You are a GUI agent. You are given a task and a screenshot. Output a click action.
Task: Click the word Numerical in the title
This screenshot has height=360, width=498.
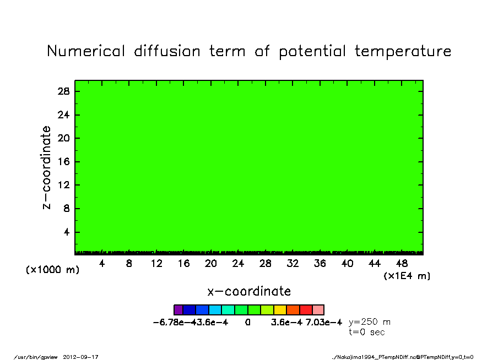pyautogui.click(x=86, y=51)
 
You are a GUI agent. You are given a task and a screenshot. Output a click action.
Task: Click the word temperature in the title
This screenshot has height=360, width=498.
pyautogui.click(x=403, y=51)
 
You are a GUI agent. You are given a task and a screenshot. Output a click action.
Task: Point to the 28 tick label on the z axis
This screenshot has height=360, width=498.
pyautogui.click(x=63, y=91)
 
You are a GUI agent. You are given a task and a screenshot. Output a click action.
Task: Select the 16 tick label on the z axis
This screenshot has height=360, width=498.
pyautogui.click(x=63, y=162)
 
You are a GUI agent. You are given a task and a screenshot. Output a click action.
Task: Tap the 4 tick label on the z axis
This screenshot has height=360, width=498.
pyautogui.click(x=66, y=232)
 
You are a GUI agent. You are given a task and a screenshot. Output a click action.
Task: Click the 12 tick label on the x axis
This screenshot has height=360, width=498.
pyautogui.click(x=156, y=264)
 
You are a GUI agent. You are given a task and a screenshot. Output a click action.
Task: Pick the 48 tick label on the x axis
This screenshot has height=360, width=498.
pyautogui.click(x=402, y=264)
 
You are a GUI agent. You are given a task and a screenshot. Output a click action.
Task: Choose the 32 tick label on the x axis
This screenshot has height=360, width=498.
pyautogui.click(x=293, y=264)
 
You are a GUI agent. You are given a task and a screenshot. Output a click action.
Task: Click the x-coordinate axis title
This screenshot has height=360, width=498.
pyautogui.click(x=249, y=291)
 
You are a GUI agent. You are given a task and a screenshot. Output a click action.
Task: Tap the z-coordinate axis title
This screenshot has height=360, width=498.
pyautogui.click(x=46, y=168)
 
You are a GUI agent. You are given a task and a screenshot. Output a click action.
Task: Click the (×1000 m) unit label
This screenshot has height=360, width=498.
pyautogui.click(x=52, y=270)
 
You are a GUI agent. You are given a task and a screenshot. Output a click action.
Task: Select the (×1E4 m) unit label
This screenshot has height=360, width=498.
pyautogui.click(x=407, y=276)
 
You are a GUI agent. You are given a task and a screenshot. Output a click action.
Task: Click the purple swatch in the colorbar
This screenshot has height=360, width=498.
pyautogui.click(x=178, y=310)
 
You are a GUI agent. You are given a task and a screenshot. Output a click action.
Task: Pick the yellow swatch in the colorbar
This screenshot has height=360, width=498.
pyautogui.click(x=280, y=310)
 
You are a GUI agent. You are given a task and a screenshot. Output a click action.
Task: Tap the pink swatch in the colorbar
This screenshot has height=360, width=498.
pyautogui.click(x=318, y=310)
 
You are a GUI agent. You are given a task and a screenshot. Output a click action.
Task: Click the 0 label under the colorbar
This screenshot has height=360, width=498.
pyautogui.click(x=248, y=323)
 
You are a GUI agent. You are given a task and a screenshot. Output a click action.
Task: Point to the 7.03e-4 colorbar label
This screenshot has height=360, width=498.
pyautogui.click(x=324, y=323)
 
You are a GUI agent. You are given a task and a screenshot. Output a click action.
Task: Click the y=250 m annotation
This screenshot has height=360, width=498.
pyautogui.click(x=370, y=322)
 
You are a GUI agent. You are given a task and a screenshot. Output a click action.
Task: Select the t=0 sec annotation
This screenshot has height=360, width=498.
pyautogui.click(x=367, y=332)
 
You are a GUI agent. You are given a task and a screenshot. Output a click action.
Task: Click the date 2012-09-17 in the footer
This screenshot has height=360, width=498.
pyautogui.click(x=80, y=357)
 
